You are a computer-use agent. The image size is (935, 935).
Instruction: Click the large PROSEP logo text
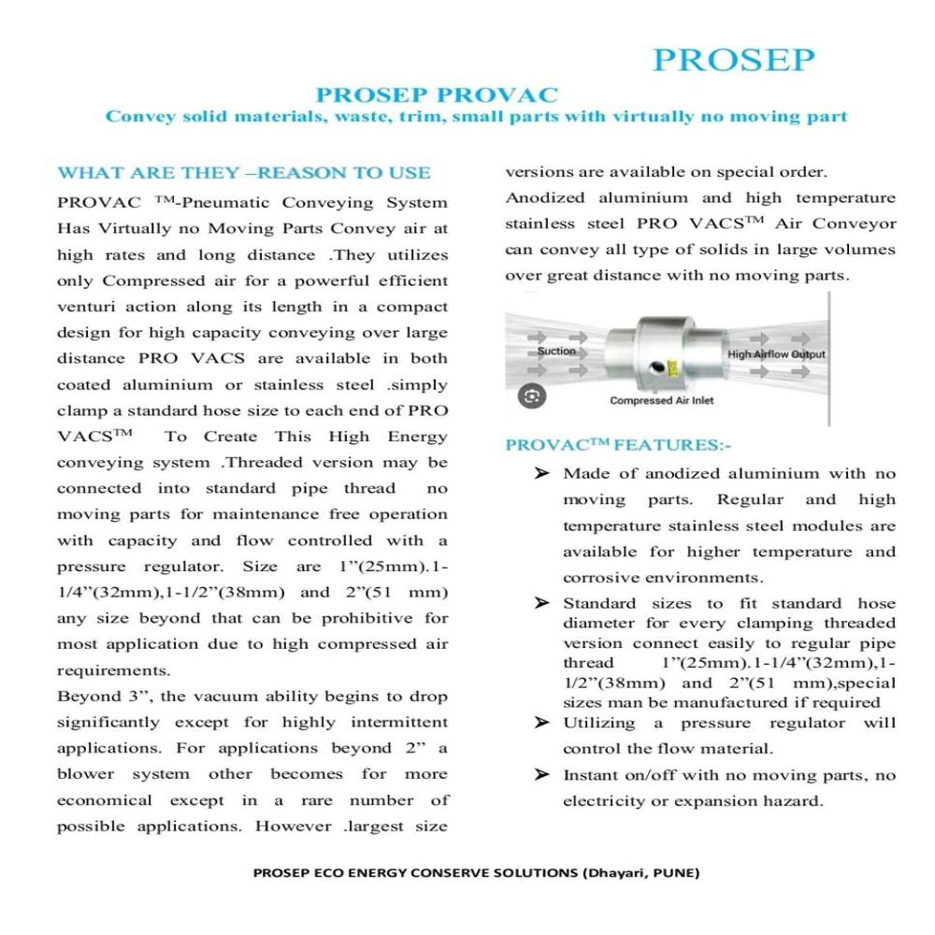coord(733,59)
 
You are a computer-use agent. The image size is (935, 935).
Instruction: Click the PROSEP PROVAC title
coord(437,95)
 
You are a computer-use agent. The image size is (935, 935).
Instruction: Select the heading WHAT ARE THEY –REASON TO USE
coord(244,173)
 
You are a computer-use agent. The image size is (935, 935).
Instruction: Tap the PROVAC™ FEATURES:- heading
coord(618,445)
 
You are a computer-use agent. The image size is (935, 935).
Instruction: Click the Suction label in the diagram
coord(556,352)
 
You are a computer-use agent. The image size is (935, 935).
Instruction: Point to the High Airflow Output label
coord(776,354)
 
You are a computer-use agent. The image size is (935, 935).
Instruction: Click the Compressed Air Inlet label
coord(661,400)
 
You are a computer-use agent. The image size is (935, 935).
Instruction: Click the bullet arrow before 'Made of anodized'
coord(541,474)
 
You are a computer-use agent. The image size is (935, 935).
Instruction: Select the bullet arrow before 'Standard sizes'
coord(541,604)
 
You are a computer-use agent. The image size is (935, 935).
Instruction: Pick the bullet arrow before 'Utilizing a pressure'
coord(541,723)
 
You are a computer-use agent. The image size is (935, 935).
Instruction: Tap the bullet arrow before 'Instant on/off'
coord(541,775)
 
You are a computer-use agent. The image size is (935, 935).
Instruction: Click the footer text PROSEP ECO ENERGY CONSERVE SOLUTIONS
coord(477,873)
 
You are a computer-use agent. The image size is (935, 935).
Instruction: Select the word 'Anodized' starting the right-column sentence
coord(546,198)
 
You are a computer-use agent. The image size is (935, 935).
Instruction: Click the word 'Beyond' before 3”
coord(82,697)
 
